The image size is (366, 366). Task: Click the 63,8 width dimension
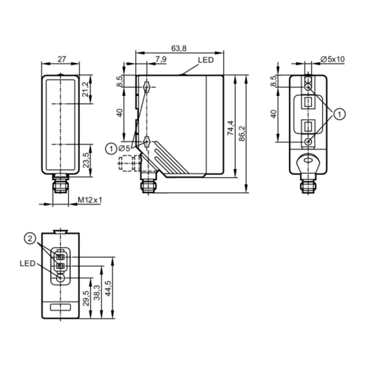point(179,48)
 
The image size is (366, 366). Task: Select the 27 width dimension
point(61,59)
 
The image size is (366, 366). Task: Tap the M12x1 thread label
point(90,200)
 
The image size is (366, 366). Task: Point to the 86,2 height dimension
point(242,133)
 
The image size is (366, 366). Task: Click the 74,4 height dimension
point(231,128)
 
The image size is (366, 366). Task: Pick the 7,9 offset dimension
point(161,59)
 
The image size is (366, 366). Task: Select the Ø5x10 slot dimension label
point(332,59)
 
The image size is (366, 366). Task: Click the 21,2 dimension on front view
point(86,89)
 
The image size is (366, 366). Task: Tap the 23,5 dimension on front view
point(86,160)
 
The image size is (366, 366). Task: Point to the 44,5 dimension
point(108,288)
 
